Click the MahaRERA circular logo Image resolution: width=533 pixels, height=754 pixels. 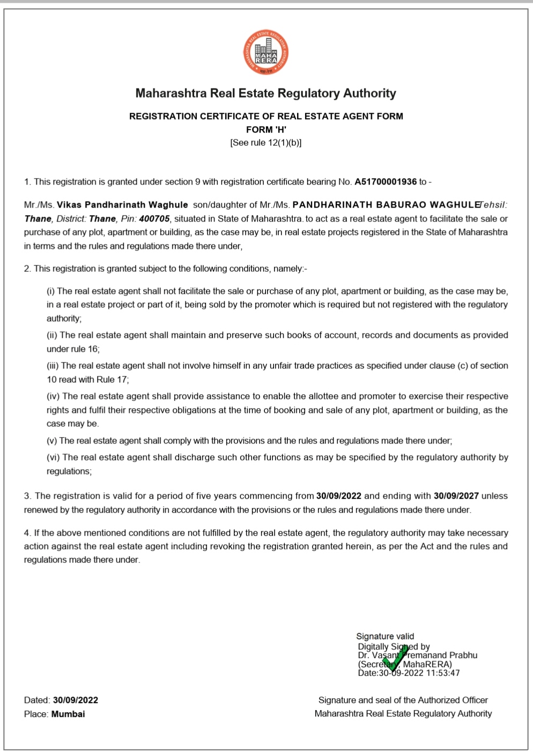click(x=265, y=53)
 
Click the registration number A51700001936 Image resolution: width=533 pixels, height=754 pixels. click(x=385, y=182)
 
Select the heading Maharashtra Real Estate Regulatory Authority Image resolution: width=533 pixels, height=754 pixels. click(x=265, y=93)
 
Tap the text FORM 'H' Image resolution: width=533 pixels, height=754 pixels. click(x=266, y=130)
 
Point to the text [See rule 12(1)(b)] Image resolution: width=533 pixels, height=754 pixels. click(x=266, y=143)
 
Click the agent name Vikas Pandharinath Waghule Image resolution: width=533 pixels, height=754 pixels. click(x=122, y=205)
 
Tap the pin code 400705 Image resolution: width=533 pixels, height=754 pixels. click(x=154, y=219)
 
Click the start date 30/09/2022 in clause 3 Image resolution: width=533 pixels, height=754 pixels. click(x=338, y=496)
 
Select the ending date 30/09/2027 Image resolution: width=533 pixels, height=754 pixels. click(x=456, y=496)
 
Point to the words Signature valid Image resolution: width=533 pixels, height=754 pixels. click(x=385, y=637)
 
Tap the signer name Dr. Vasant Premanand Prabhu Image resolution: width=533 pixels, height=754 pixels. click(x=418, y=655)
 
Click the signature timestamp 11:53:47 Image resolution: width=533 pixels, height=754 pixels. click(x=443, y=673)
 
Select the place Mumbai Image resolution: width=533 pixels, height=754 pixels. click(x=68, y=714)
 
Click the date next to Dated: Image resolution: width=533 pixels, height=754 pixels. click(x=76, y=700)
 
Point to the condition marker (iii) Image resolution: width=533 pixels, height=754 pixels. click(x=53, y=366)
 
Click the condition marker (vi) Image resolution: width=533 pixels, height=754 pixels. click(x=53, y=457)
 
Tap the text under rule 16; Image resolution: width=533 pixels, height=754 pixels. click(x=73, y=349)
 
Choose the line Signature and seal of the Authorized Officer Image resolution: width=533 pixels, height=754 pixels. click(x=403, y=700)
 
